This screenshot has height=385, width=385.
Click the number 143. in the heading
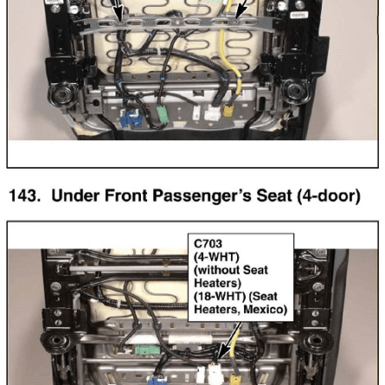24,196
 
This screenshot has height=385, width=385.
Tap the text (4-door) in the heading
329,196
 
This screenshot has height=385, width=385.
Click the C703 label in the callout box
208,243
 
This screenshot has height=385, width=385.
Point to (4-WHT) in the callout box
216,257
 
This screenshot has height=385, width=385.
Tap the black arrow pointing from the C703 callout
230,340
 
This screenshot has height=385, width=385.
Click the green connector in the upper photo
161,115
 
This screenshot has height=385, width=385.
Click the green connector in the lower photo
147,349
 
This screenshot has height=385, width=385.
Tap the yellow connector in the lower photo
234,380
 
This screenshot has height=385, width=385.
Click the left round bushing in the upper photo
63,94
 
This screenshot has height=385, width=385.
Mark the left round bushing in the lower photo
55,340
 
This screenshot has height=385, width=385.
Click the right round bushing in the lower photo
317,340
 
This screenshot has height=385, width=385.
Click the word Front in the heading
126,196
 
